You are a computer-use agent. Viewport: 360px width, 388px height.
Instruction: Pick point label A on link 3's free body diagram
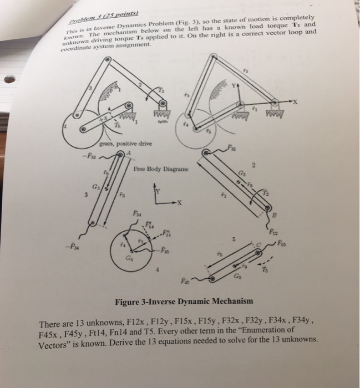coord(129,154)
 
